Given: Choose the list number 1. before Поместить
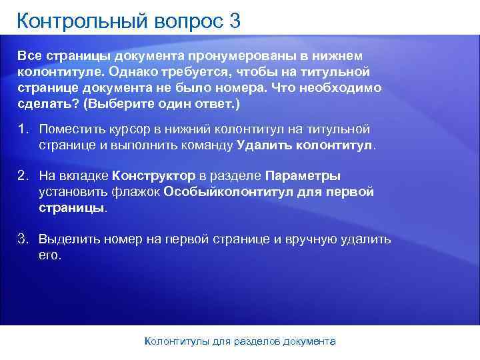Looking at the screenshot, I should (x=23, y=129).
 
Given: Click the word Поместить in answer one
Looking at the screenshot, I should (x=71, y=129).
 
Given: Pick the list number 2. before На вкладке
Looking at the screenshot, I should (x=23, y=176).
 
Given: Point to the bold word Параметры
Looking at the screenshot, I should (x=303, y=176).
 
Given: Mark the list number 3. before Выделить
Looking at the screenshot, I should (x=23, y=239).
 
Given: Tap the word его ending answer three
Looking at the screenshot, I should (x=49, y=255).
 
